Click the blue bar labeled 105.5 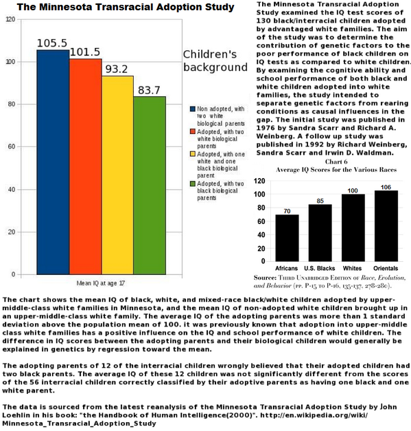coord(53,162)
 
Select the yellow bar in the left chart coord(118,175)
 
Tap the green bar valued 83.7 coord(150,186)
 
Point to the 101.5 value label coord(85,52)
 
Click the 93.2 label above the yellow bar coord(117,69)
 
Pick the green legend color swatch coord(193,184)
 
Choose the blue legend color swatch coord(193,109)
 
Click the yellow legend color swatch coord(193,154)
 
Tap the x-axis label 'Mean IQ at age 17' coord(101,283)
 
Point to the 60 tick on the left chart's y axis coord(12,146)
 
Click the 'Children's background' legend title coord(215,60)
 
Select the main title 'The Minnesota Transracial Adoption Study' coord(126,7)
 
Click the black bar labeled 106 coord(386,225)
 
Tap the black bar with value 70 coord(287,238)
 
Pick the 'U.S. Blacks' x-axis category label coord(320,268)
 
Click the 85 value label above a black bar coord(320,201)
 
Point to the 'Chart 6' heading coord(336,162)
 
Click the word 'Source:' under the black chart coord(265,278)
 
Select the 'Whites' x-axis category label coord(352,268)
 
